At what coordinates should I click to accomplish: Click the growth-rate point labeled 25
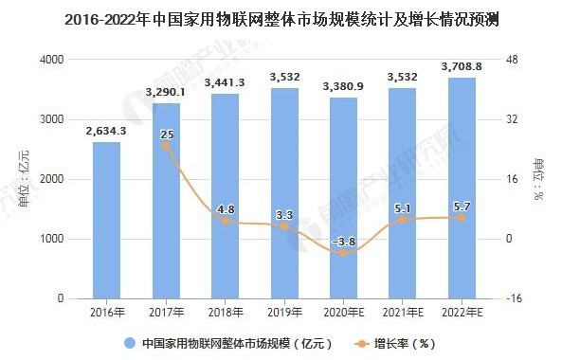pos(167,145)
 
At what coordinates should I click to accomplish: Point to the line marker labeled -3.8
pos(344,252)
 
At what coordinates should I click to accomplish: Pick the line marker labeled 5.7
pos(462,217)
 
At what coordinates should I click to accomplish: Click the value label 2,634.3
pos(107,132)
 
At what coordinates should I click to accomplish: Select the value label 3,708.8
pos(462,66)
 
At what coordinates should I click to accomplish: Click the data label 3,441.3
pos(226,82)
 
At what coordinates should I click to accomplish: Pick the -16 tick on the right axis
pos(516,298)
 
